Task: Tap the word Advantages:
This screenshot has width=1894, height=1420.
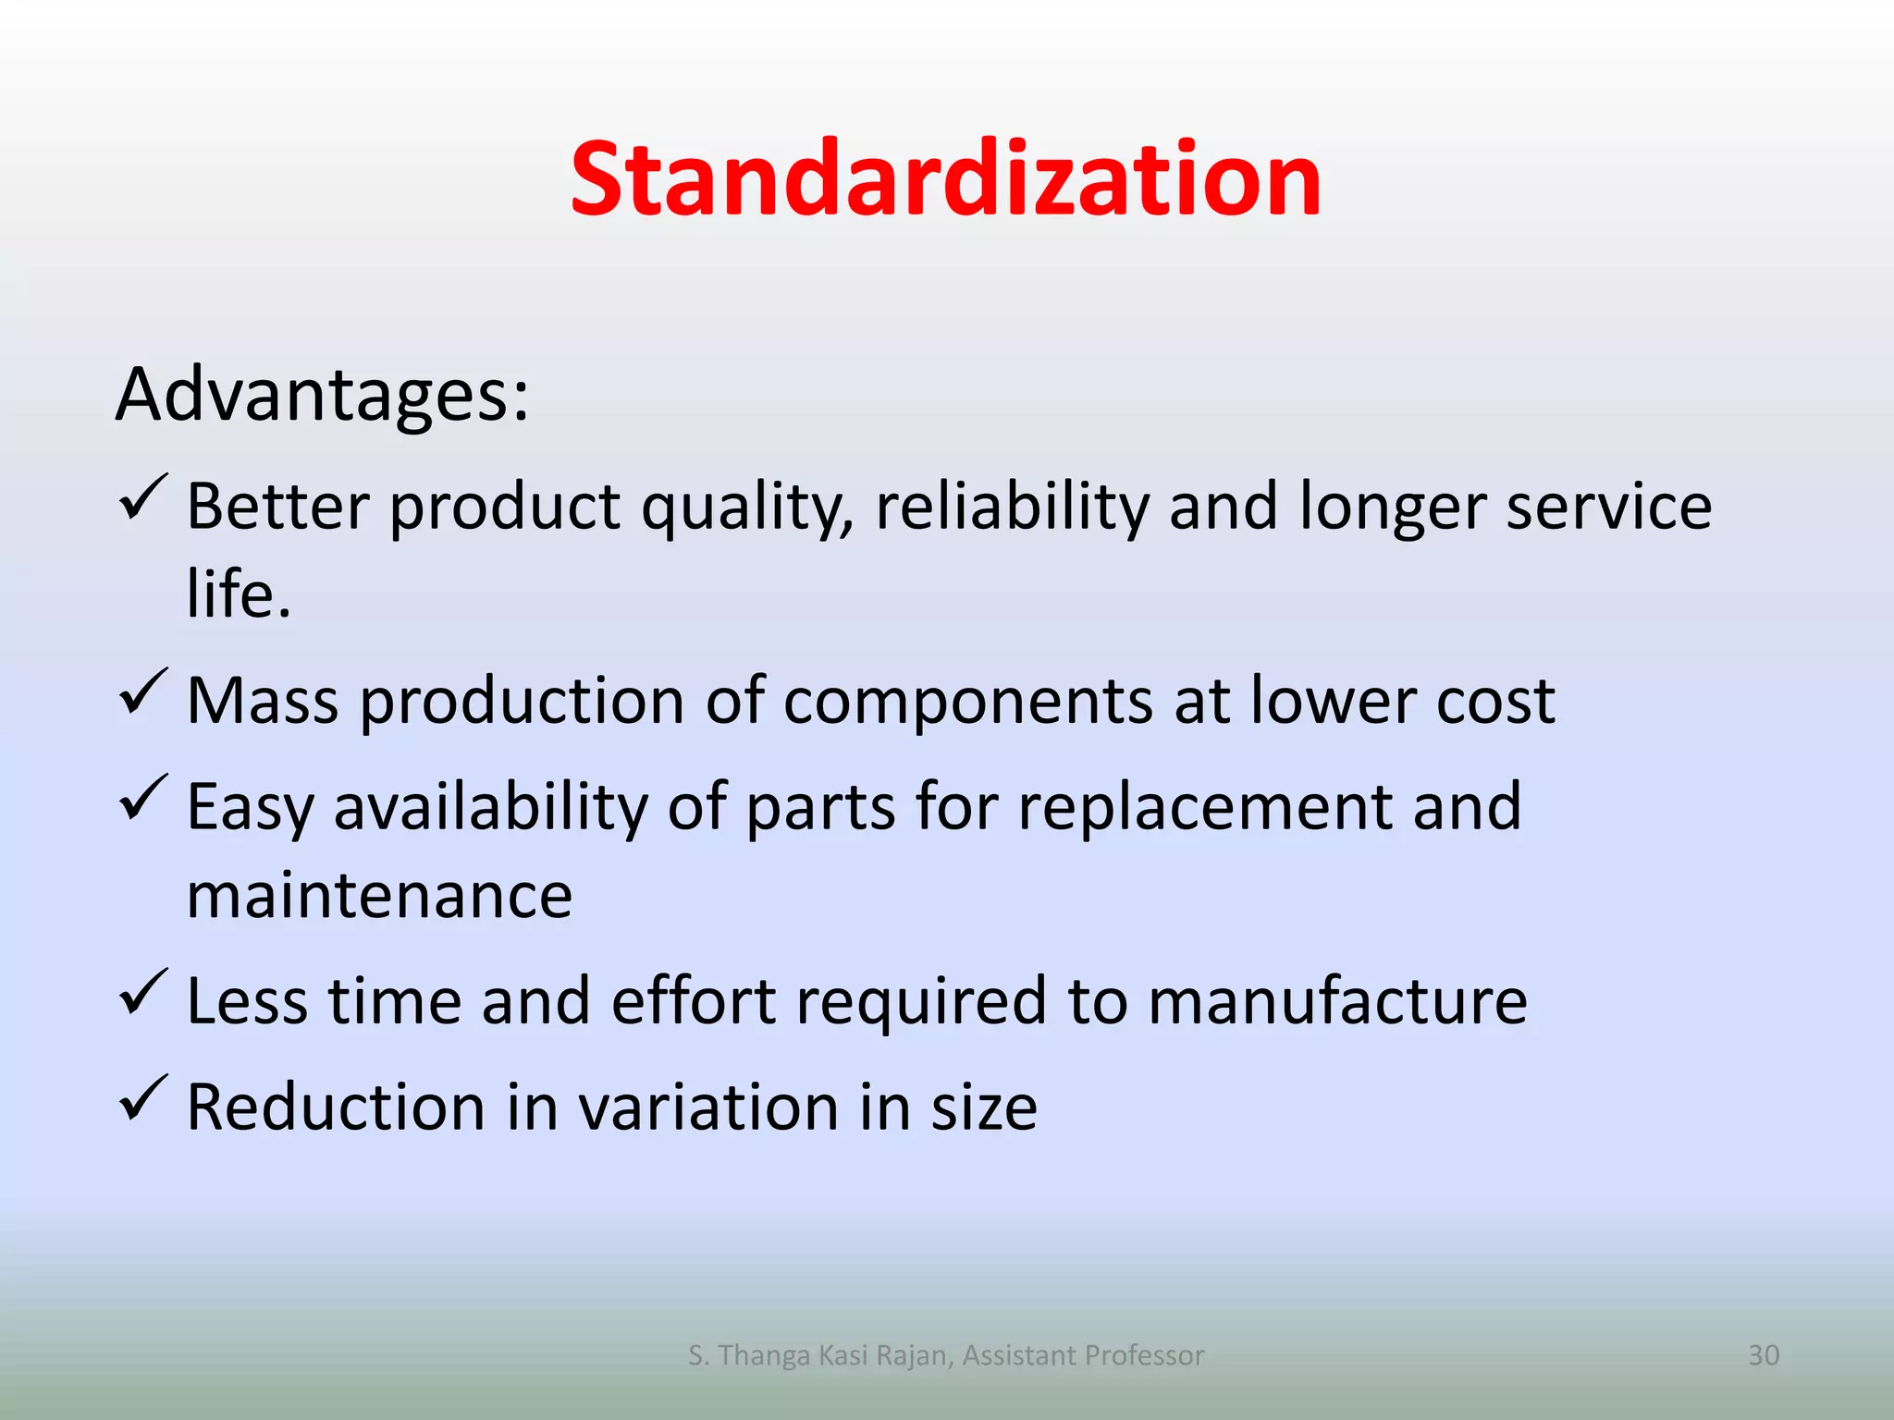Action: (322, 396)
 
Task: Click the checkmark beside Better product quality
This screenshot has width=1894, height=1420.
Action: (143, 499)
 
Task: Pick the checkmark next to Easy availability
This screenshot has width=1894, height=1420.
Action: (143, 800)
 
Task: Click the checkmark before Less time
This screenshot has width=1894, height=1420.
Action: (143, 994)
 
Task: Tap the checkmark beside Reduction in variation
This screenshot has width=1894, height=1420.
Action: (143, 1100)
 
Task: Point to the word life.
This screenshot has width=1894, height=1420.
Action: (239, 594)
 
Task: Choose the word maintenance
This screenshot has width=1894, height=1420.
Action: (379, 897)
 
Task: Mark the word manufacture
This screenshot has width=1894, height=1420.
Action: (1337, 1001)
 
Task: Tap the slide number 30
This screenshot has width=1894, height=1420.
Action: (1764, 1355)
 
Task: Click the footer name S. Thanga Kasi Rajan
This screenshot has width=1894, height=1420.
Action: (819, 1355)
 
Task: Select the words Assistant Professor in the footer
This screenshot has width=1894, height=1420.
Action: (1083, 1355)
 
